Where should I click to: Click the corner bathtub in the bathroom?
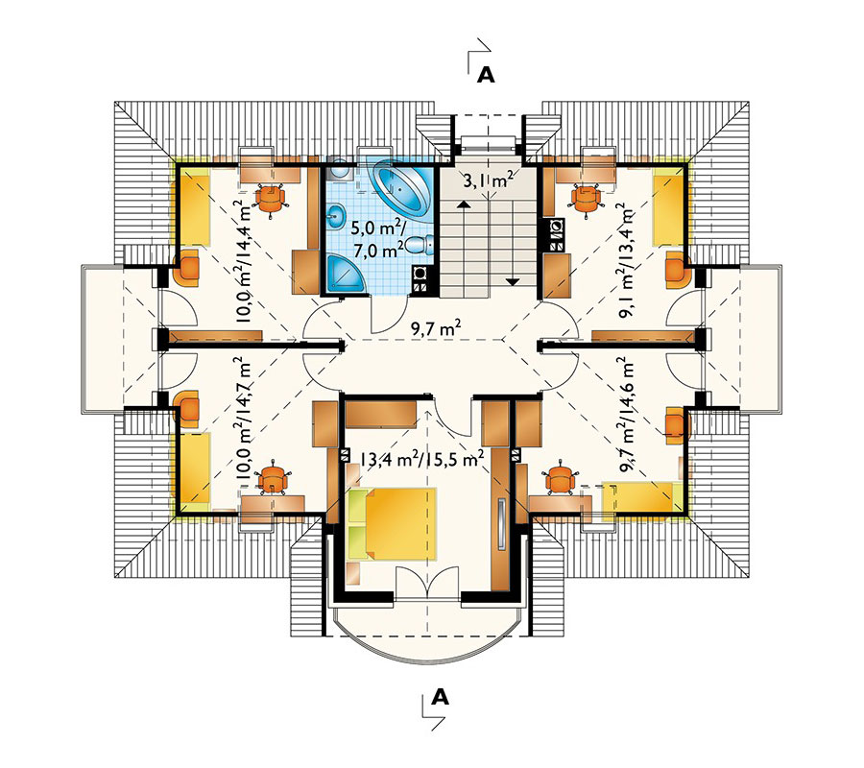click(x=402, y=187)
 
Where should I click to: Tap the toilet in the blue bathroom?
click(x=421, y=245)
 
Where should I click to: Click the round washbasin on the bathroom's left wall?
click(x=336, y=215)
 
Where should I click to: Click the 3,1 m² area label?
click(x=489, y=180)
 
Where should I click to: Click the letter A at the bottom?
click(x=440, y=698)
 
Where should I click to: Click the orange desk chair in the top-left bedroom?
click(x=271, y=200)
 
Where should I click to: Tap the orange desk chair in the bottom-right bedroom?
click(x=561, y=477)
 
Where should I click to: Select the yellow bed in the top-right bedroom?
click(x=668, y=210)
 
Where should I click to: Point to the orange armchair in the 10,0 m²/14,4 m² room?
click(x=186, y=268)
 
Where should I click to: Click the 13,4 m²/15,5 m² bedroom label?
click(x=422, y=459)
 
